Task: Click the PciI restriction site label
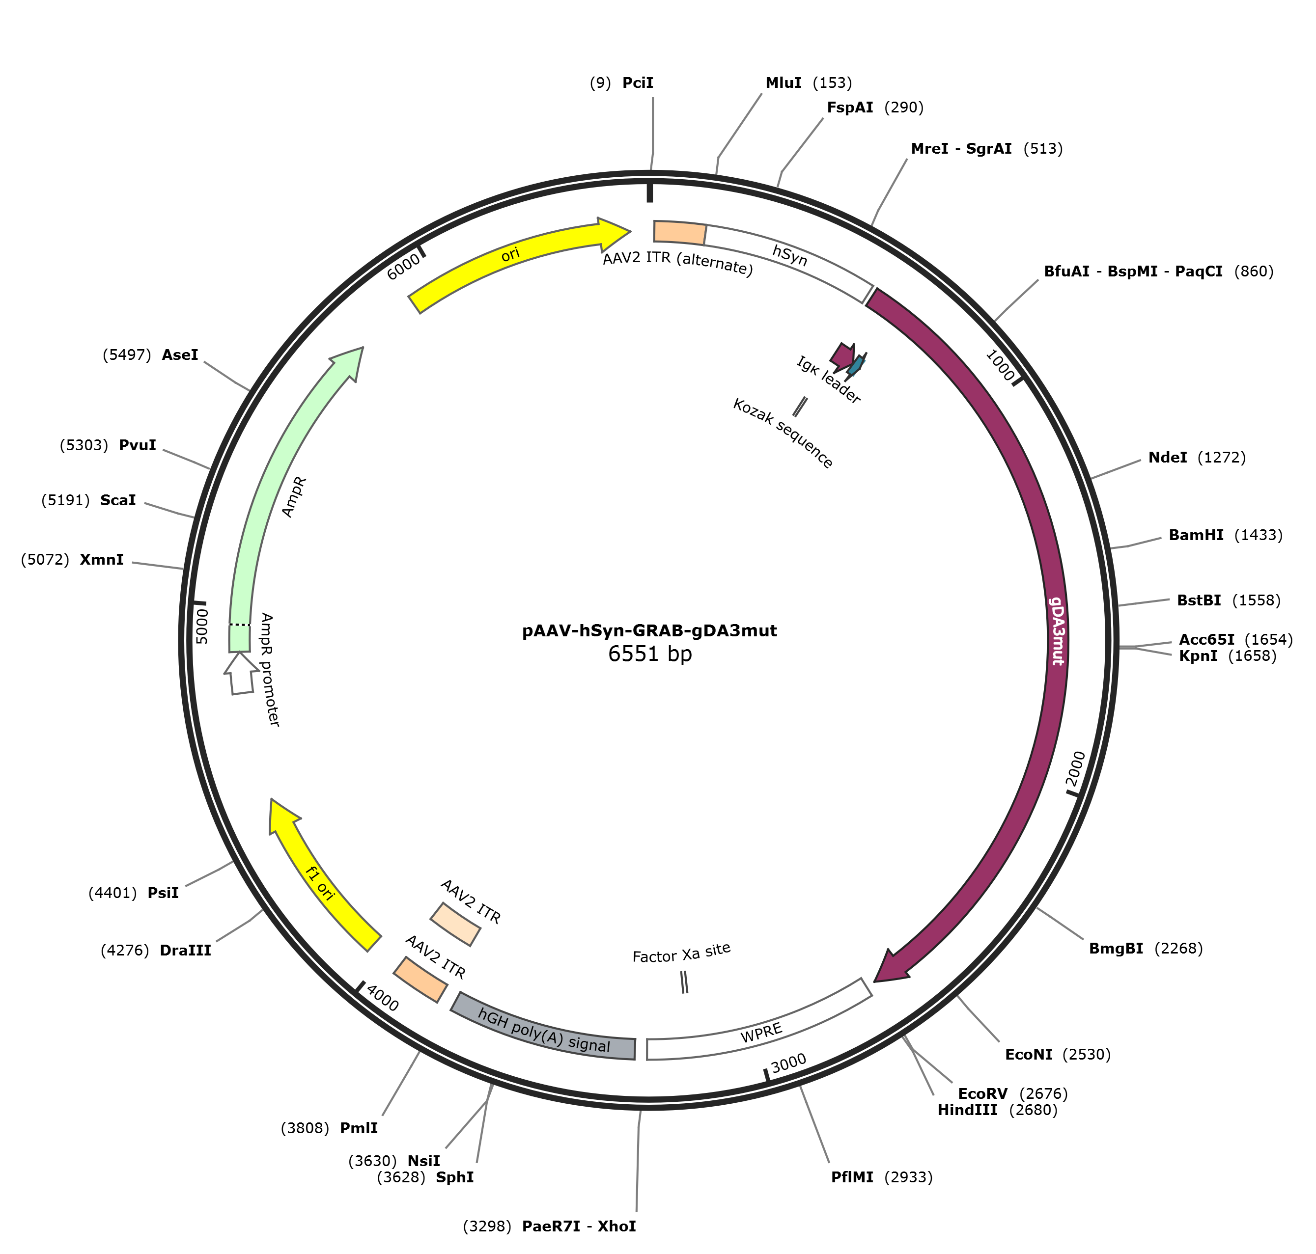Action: tap(637, 83)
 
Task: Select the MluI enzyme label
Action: tap(783, 83)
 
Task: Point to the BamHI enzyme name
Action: tap(1196, 535)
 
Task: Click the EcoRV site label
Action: tap(982, 1093)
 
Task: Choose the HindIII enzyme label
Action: tap(967, 1110)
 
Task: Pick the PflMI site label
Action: tap(852, 1177)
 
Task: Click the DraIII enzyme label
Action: tap(185, 951)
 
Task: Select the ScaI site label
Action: tap(118, 500)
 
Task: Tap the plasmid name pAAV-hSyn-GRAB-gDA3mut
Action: tap(649, 630)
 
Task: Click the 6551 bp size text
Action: tap(649, 653)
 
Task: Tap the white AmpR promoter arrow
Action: tap(241, 673)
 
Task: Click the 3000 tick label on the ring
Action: tap(788, 1063)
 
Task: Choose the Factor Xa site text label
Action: tap(681, 953)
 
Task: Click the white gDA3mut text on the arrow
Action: tap(1057, 630)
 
